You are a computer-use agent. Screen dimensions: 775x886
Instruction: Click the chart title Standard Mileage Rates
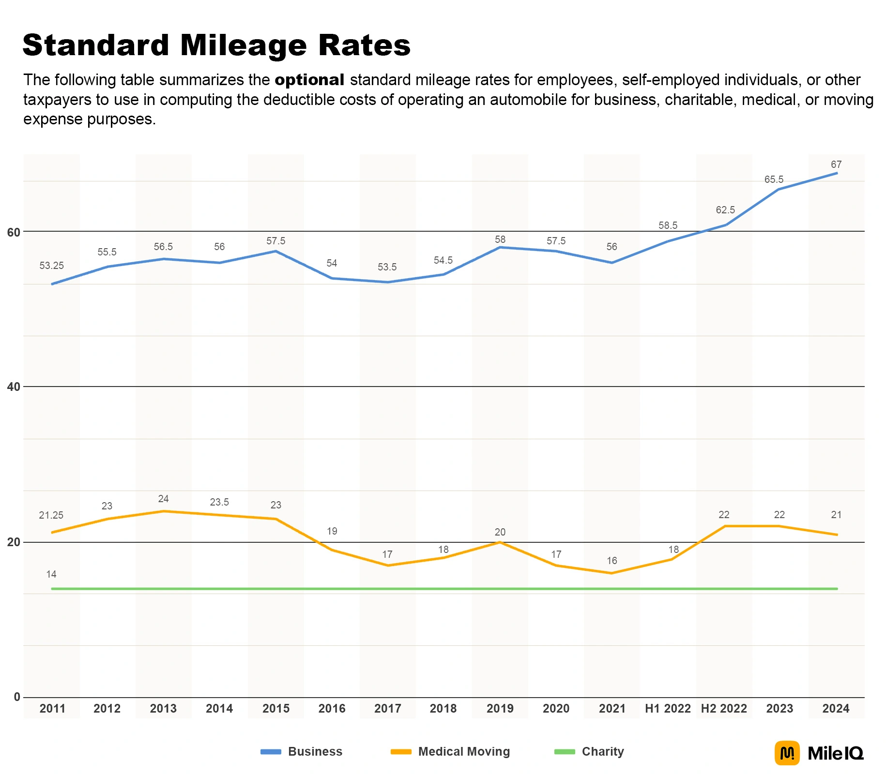(x=216, y=45)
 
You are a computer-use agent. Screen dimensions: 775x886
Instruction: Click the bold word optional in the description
(x=309, y=80)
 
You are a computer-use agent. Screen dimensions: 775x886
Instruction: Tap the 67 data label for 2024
(x=836, y=164)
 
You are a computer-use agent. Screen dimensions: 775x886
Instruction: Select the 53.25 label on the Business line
(x=51, y=266)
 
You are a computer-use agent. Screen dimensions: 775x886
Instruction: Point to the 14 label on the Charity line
(x=51, y=574)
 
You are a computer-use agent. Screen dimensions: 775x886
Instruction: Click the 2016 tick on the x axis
(x=332, y=709)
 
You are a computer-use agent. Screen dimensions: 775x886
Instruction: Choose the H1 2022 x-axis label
(x=668, y=709)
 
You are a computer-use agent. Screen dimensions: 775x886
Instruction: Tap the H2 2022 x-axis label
(x=724, y=709)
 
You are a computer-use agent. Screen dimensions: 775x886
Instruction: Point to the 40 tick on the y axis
(x=14, y=387)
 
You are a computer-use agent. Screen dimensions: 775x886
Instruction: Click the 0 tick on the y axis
(x=17, y=697)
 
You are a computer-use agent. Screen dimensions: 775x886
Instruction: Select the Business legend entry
(x=315, y=751)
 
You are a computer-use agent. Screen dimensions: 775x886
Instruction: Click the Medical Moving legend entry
(x=463, y=751)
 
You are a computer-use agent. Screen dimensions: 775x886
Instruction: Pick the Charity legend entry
(x=602, y=751)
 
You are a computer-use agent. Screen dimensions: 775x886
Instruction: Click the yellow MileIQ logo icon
(x=787, y=753)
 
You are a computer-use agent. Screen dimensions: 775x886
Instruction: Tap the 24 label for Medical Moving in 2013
(x=163, y=499)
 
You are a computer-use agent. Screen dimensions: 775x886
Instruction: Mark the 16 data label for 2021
(x=611, y=561)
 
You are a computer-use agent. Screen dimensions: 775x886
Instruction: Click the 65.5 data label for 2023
(x=773, y=179)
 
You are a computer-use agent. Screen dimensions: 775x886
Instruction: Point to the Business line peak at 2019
(x=500, y=248)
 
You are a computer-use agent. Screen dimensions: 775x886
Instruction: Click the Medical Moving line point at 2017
(x=388, y=566)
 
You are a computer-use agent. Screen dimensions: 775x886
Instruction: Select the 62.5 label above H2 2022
(x=725, y=210)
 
